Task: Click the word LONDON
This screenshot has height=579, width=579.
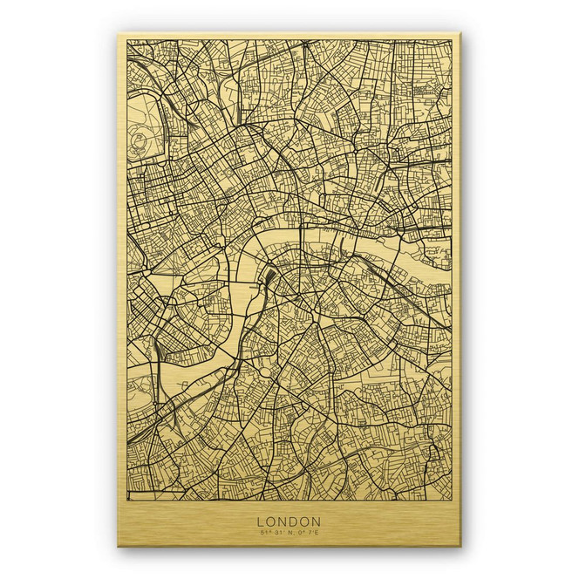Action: [289, 521]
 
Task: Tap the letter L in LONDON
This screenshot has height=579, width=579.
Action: [260, 521]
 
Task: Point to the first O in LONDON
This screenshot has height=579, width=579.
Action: [270, 521]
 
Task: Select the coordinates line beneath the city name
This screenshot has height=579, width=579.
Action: [289, 532]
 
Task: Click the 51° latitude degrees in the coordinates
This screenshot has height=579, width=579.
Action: [262, 532]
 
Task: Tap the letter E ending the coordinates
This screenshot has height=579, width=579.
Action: [317, 532]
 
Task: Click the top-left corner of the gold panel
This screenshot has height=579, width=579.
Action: [119, 36]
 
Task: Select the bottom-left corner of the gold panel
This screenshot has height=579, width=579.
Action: [119, 546]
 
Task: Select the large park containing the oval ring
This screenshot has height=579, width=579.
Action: [148, 122]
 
